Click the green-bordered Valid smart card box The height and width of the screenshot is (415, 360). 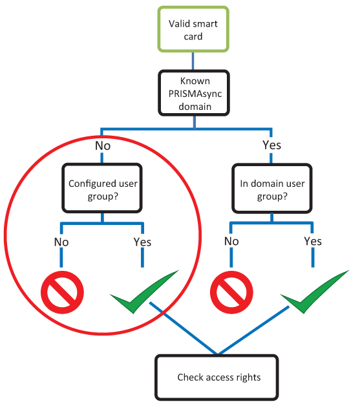pos(193,29)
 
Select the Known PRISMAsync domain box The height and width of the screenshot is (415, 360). pos(194,93)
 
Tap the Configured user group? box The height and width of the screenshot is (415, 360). pos(102,188)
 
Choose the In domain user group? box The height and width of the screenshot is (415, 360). pos(272,188)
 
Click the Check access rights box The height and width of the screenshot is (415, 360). pos(217,378)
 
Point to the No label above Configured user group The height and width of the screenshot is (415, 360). pos(103,146)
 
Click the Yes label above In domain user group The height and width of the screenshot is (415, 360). pos(272,145)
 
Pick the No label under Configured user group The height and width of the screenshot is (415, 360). pos(61,242)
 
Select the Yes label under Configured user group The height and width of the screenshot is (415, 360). pos(142,242)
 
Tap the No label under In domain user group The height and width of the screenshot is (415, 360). pos(231,241)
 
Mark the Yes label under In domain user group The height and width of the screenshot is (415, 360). pos(313,241)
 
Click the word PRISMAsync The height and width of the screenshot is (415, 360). pos(195,94)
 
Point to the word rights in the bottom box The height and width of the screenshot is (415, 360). pos(248,378)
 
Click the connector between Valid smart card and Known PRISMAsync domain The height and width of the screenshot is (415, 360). pos(193,61)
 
